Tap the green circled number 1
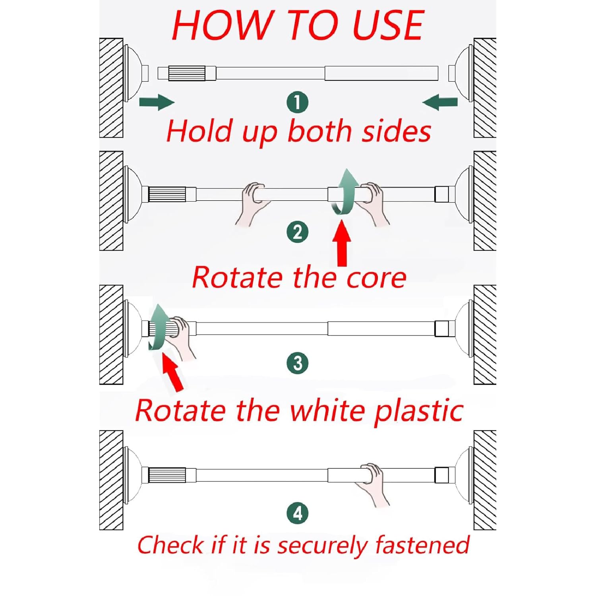[298, 103]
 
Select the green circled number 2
[298, 232]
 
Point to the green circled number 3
[298, 363]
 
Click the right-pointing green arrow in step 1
[157, 102]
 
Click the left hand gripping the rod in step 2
[253, 201]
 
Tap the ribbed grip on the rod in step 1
[187, 74]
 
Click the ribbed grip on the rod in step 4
[167, 475]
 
